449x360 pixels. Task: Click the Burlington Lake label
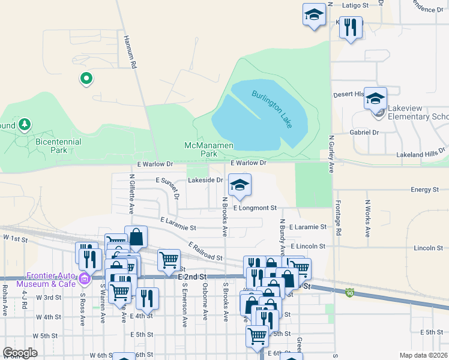(x=272, y=108)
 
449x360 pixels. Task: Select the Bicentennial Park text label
(x=59, y=145)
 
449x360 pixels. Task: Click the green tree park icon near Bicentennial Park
(x=25, y=125)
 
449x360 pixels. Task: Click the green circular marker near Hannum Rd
(x=86, y=78)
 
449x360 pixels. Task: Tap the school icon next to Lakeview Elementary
(x=376, y=98)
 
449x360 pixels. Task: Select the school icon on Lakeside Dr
(x=240, y=185)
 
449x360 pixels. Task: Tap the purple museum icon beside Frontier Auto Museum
(x=84, y=278)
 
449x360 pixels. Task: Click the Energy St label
(x=425, y=190)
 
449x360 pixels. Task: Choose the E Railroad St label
(x=205, y=251)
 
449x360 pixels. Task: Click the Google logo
(x=20, y=353)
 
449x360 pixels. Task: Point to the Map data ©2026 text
(x=423, y=355)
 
